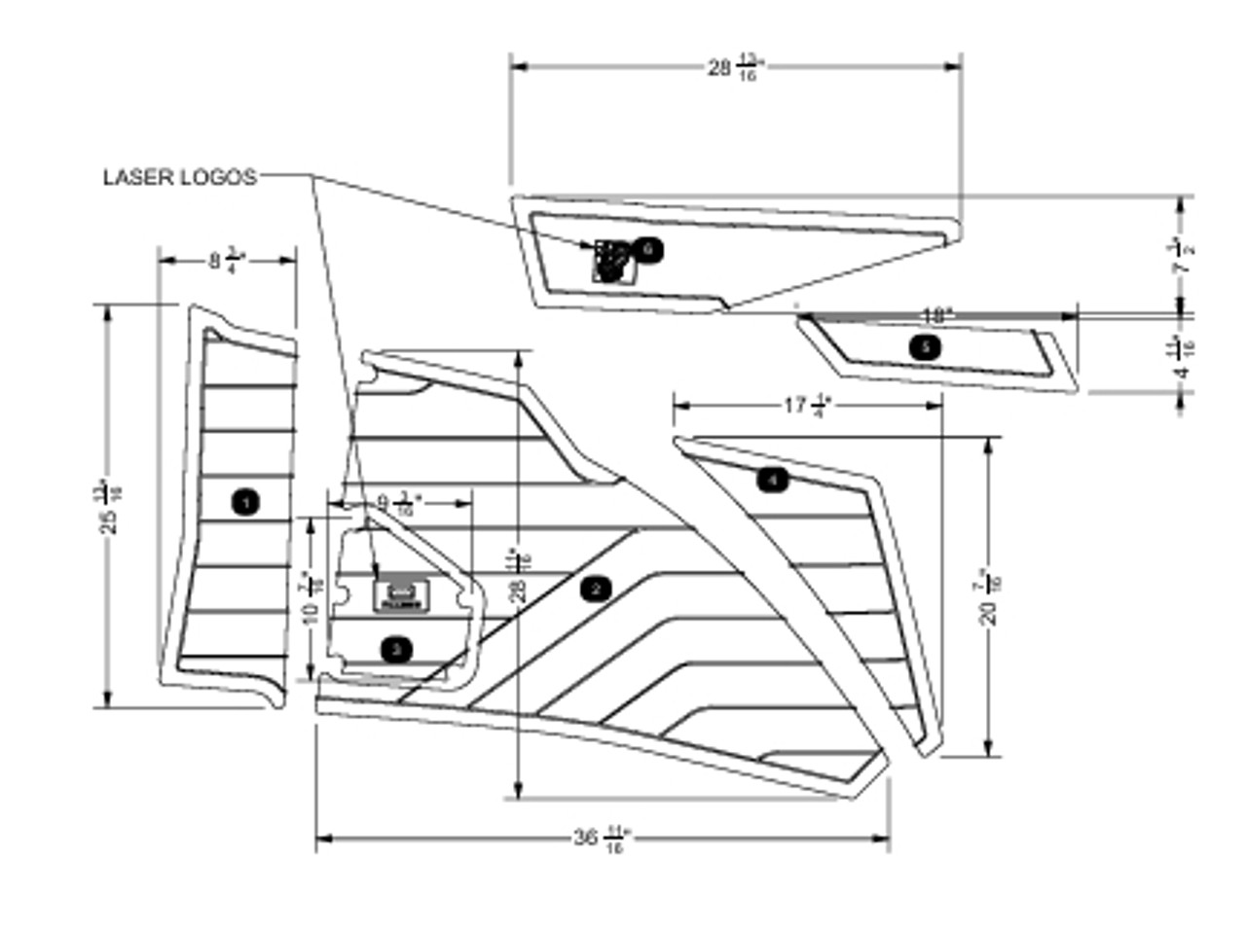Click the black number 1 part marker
point(245,502)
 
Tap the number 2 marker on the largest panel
point(595,588)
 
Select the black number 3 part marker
point(395,649)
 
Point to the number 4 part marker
point(772,479)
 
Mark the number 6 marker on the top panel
point(649,250)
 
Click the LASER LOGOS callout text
point(180,177)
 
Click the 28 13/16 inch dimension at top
point(735,67)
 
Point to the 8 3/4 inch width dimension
point(226,261)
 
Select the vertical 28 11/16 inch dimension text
point(520,576)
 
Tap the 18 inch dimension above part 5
point(936,315)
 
